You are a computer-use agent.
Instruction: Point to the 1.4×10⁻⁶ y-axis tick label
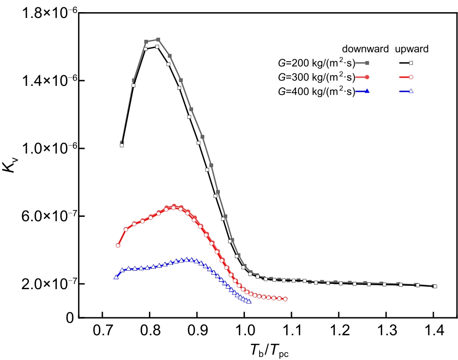click(x=49, y=81)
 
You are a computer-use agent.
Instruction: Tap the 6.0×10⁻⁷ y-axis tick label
click(x=49, y=216)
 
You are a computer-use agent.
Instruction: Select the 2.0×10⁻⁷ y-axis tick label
click(x=49, y=284)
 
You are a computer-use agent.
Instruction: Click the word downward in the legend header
click(x=365, y=49)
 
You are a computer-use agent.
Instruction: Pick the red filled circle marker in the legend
click(x=367, y=77)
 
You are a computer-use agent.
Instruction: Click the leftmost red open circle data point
click(x=117, y=245)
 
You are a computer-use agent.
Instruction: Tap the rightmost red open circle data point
click(x=285, y=299)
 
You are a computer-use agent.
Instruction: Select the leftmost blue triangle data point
click(x=116, y=277)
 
